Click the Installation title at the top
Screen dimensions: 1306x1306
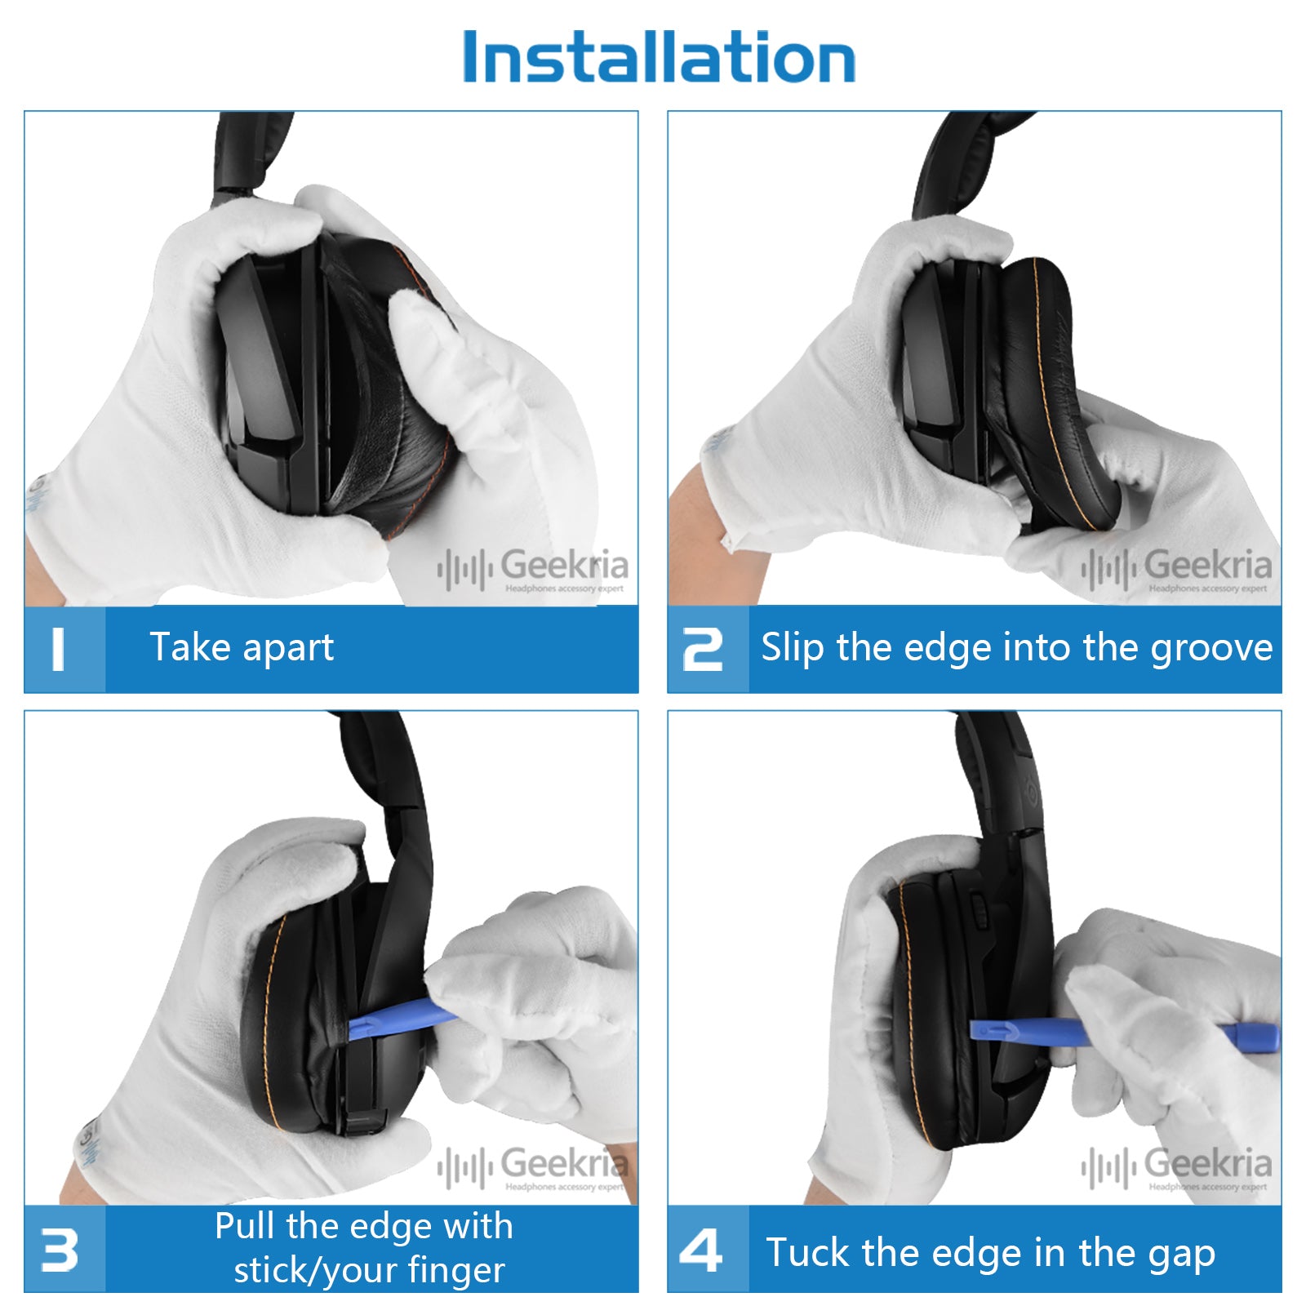pyautogui.click(x=658, y=57)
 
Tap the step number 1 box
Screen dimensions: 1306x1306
pyautogui.click(x=64, y=650)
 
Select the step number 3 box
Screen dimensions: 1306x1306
pyautogui.click(x=64, y=1249)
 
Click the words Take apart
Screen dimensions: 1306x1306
pyautogui.click(x=242, y=648)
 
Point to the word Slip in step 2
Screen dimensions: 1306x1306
pyautogui.click(x=792, y=648)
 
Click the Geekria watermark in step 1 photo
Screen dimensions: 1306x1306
pyautogui.click(x=563, y=566)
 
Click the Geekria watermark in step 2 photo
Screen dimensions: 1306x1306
pyautogui.click(x=1206, y=566)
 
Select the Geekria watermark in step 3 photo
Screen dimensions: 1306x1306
pyautogui.click(x=563, y=1164)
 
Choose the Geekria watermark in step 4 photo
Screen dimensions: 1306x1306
pyautogui.click(x=1206, y=1164)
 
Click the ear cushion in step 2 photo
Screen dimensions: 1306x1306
pyautogui.click(x=1053, y=384)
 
